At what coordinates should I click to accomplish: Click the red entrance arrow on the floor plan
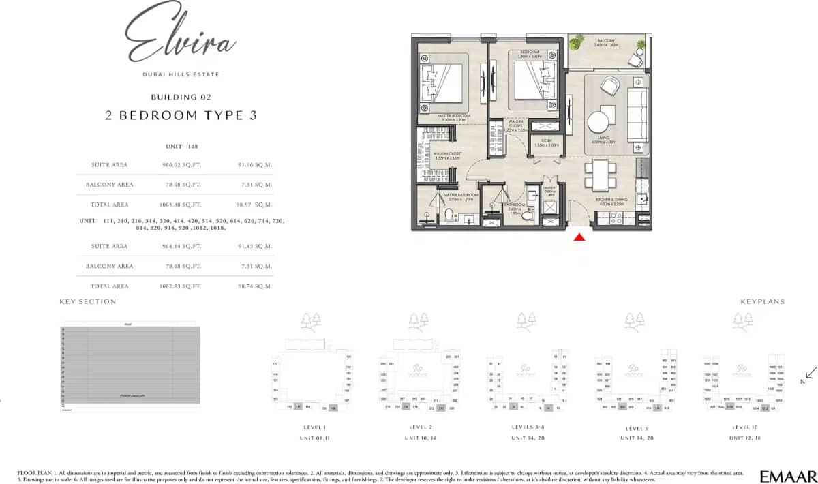tap(579, 237)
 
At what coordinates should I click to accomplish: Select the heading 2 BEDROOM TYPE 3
tap(181, 115)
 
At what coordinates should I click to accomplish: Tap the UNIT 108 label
tap(181, 147)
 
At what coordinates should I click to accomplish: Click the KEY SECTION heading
tap(88, 301)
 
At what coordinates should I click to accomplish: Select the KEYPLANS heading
tap(762, 301)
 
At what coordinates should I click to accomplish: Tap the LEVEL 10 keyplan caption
tap(744, 427)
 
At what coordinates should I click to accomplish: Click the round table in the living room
tap(599, 122)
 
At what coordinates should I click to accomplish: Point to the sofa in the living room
tap(638, 114)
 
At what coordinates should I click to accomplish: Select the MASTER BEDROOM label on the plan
tap(454, 116)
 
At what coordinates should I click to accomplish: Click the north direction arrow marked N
tap(808, 374)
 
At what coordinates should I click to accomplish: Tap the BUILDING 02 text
tap(181, 97)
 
